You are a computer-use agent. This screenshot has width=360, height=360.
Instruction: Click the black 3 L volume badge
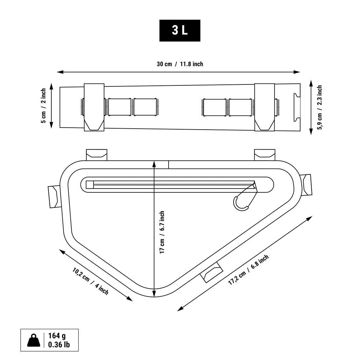coord(180,30)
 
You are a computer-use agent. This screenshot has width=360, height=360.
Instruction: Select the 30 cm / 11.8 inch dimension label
coord(180,64)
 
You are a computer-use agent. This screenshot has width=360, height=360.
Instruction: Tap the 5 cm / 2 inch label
coord(44,106)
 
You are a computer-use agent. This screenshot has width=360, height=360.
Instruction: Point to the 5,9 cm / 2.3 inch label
coord(319,107)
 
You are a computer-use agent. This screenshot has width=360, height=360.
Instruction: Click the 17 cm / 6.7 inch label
coord(162,232)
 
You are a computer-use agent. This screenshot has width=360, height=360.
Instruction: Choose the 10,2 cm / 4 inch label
coord(90,281)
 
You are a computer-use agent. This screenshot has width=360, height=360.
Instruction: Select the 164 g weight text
coord(57,336)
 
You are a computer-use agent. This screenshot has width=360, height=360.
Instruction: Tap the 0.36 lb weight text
coord(59,345)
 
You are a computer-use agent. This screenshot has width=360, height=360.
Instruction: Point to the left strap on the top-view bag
coord(94,107)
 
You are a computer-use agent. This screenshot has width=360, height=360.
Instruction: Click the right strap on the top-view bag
coord(264,107)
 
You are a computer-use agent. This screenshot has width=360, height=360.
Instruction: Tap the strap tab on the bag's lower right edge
coord(211,272)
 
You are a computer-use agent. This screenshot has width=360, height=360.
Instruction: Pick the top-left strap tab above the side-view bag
coord(97,155)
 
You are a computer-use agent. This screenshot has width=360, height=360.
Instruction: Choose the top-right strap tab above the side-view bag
coord(264,155)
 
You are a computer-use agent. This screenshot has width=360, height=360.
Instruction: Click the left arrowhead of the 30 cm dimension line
coord(60,72)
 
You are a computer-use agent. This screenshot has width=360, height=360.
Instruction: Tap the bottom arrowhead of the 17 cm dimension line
coord(154,294)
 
